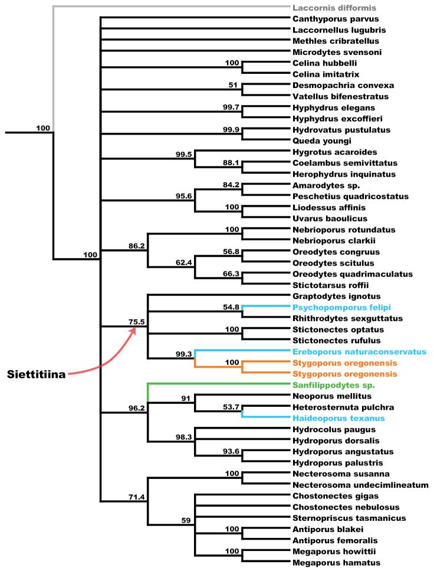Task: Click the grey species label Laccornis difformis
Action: pos(334,8)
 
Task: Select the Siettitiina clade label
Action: pos(37,374)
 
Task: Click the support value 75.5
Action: pos(137,322)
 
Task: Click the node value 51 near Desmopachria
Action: pos(232,85)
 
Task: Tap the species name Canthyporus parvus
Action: pos(329,19)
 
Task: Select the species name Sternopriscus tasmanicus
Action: pos(341,518)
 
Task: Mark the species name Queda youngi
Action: pos(318,141)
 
